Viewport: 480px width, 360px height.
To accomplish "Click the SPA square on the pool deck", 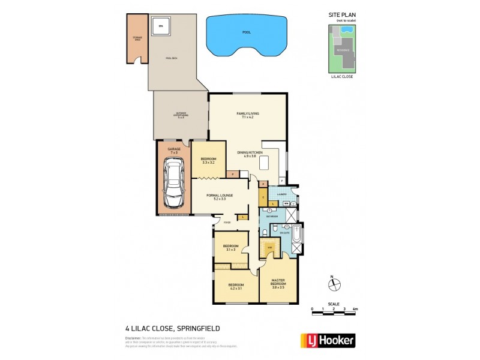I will click(161, 26).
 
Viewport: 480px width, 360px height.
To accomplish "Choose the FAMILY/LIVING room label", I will click(248, 115).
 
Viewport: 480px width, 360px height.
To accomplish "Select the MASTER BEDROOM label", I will click(277, 283).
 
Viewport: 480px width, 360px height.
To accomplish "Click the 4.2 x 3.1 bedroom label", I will click(235, 287).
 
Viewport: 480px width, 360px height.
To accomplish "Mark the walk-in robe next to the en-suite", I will click(271, 247).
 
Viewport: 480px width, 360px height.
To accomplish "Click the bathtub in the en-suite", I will click(296, 239).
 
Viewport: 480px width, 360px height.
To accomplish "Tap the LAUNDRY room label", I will click(281, 194).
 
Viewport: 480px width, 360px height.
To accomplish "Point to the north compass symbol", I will click(335, 284).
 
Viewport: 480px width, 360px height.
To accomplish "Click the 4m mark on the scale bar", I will click(355, 308).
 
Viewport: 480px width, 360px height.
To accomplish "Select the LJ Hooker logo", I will click(327, 340).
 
